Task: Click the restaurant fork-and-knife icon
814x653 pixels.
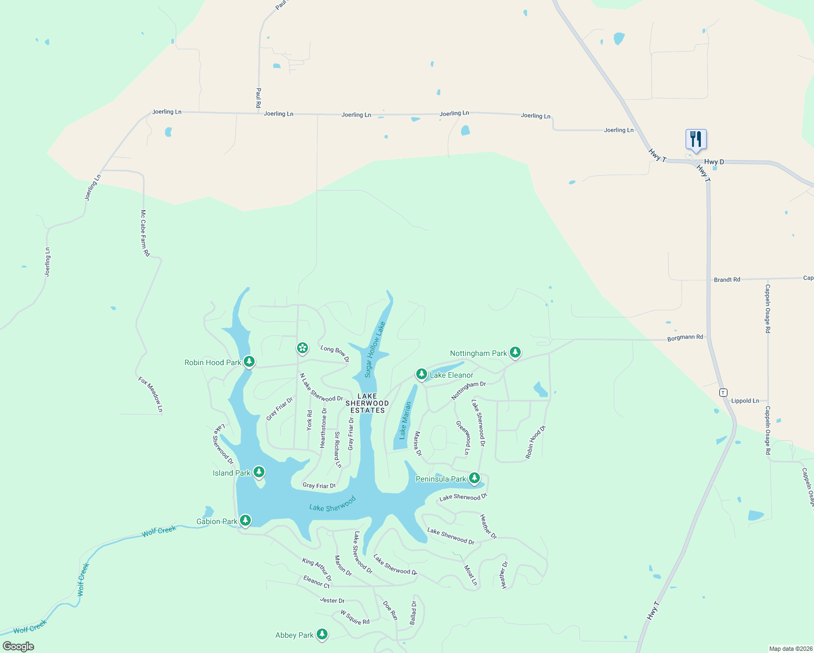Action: coord(696,139)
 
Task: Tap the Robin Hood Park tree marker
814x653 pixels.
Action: coord(249,361)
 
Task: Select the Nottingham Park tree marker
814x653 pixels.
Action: coord(515,353)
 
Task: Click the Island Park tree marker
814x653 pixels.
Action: coord(259,472)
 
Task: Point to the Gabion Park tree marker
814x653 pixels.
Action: coord(245,520)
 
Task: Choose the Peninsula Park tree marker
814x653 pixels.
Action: coord(474,478)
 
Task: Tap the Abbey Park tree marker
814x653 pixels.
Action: coord(322,634)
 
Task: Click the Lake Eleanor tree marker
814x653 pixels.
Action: coord(421,374)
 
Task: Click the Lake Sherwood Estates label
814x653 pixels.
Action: coord(367,403)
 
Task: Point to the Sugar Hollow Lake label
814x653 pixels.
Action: coord(375,349)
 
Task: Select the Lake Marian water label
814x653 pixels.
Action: coord(405,420)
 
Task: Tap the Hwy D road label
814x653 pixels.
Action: coord(714,162)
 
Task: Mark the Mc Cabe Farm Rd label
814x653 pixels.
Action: coord(145,233)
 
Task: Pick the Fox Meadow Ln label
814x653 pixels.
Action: coord(151,394)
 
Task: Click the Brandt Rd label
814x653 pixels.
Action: coord(727,280)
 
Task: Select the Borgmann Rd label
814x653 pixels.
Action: coord(685,337)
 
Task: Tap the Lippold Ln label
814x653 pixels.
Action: coord(745,401)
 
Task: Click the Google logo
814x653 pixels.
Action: coord(18,646)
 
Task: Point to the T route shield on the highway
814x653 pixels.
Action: coord(723,392)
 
